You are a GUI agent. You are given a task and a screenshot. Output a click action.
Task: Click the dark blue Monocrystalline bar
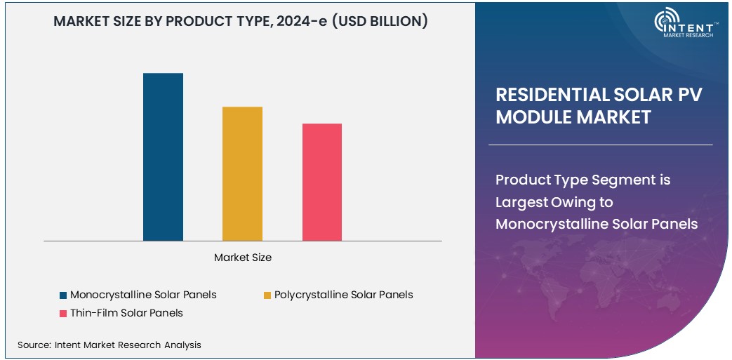tap(163, 157)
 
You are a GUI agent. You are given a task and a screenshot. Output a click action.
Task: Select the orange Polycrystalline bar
tap(242, 174)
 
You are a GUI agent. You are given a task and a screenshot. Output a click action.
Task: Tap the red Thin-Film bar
tap(322, 182)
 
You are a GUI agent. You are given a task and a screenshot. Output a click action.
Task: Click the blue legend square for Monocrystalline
tap(63, 295)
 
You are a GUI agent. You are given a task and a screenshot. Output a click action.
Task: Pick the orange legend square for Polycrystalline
tap(267, 295)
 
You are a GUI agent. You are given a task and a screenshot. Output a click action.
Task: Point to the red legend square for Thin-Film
tap(63, 313)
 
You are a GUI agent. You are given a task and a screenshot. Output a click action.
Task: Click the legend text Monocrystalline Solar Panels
tap(143, 295)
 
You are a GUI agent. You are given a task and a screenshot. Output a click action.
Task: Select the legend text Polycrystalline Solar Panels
tap(343, 295)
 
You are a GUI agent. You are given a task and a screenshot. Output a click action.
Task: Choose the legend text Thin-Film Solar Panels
tap(126, 313)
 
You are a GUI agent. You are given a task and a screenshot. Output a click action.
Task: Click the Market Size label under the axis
tap(243, 258)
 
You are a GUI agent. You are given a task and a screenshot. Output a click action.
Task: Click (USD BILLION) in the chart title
tap(379, 21)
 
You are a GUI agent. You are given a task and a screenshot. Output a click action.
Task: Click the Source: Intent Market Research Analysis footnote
tap(109, 345)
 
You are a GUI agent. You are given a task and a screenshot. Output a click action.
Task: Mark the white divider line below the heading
tap(600, 145)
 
